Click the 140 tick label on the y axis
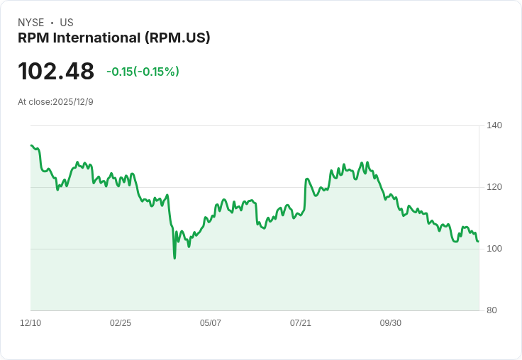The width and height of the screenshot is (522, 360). coord(494,125)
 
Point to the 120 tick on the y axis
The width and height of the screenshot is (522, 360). coord(494,187)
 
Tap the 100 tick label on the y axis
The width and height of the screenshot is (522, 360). coord(494,249)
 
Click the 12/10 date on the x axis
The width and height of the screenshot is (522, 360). coord(30,323)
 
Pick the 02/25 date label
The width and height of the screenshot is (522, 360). coord(121,323)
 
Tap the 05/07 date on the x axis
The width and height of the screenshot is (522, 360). coord(211,323)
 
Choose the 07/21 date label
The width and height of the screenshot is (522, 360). coord(301,323)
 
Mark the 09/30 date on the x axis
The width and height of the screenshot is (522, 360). coord(391,323)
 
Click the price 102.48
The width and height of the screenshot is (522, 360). coord(56,72)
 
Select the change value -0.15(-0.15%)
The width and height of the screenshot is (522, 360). coord(143,72)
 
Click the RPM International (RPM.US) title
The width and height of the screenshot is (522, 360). coord(114,38)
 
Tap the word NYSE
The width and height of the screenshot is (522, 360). coord(31,23)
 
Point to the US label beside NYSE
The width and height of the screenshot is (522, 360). coord(67,23)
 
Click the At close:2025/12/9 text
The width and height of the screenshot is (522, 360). coord(55,102)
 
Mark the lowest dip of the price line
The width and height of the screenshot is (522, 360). coord(174,258)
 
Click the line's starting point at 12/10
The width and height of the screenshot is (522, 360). coord(31,145)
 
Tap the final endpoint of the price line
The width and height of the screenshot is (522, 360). coord(478,242)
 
